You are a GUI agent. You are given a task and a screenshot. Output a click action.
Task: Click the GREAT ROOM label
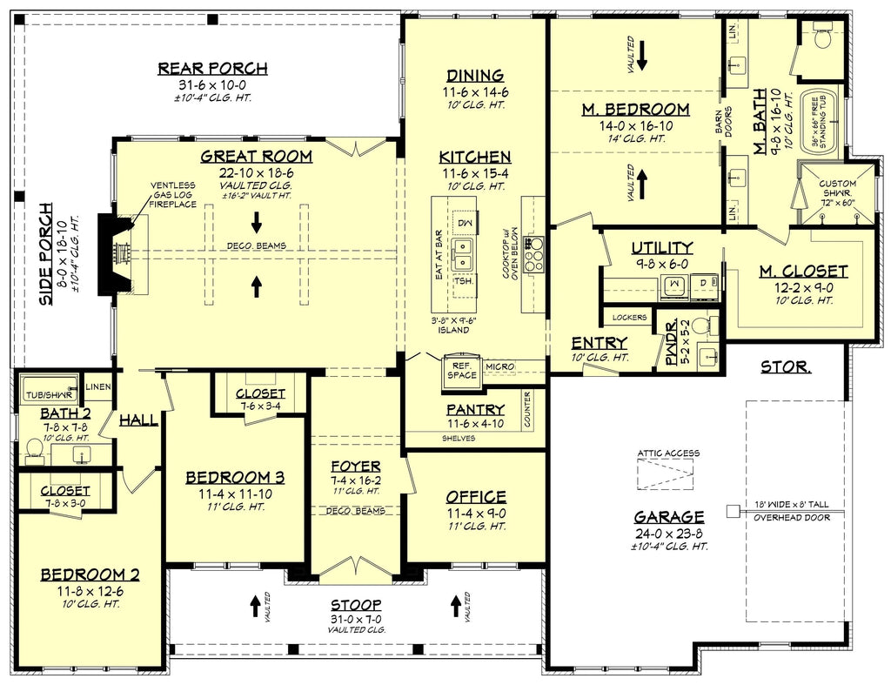256,157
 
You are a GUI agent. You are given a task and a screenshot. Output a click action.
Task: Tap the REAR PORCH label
212,69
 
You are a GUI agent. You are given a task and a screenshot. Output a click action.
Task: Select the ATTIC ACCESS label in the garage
667,453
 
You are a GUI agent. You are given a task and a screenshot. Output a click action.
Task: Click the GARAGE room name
670,515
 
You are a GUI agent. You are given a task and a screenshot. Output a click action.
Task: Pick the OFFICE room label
476,497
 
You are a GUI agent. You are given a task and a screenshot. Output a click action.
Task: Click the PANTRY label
475,409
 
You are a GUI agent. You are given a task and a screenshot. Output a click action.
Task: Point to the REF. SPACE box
461,369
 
